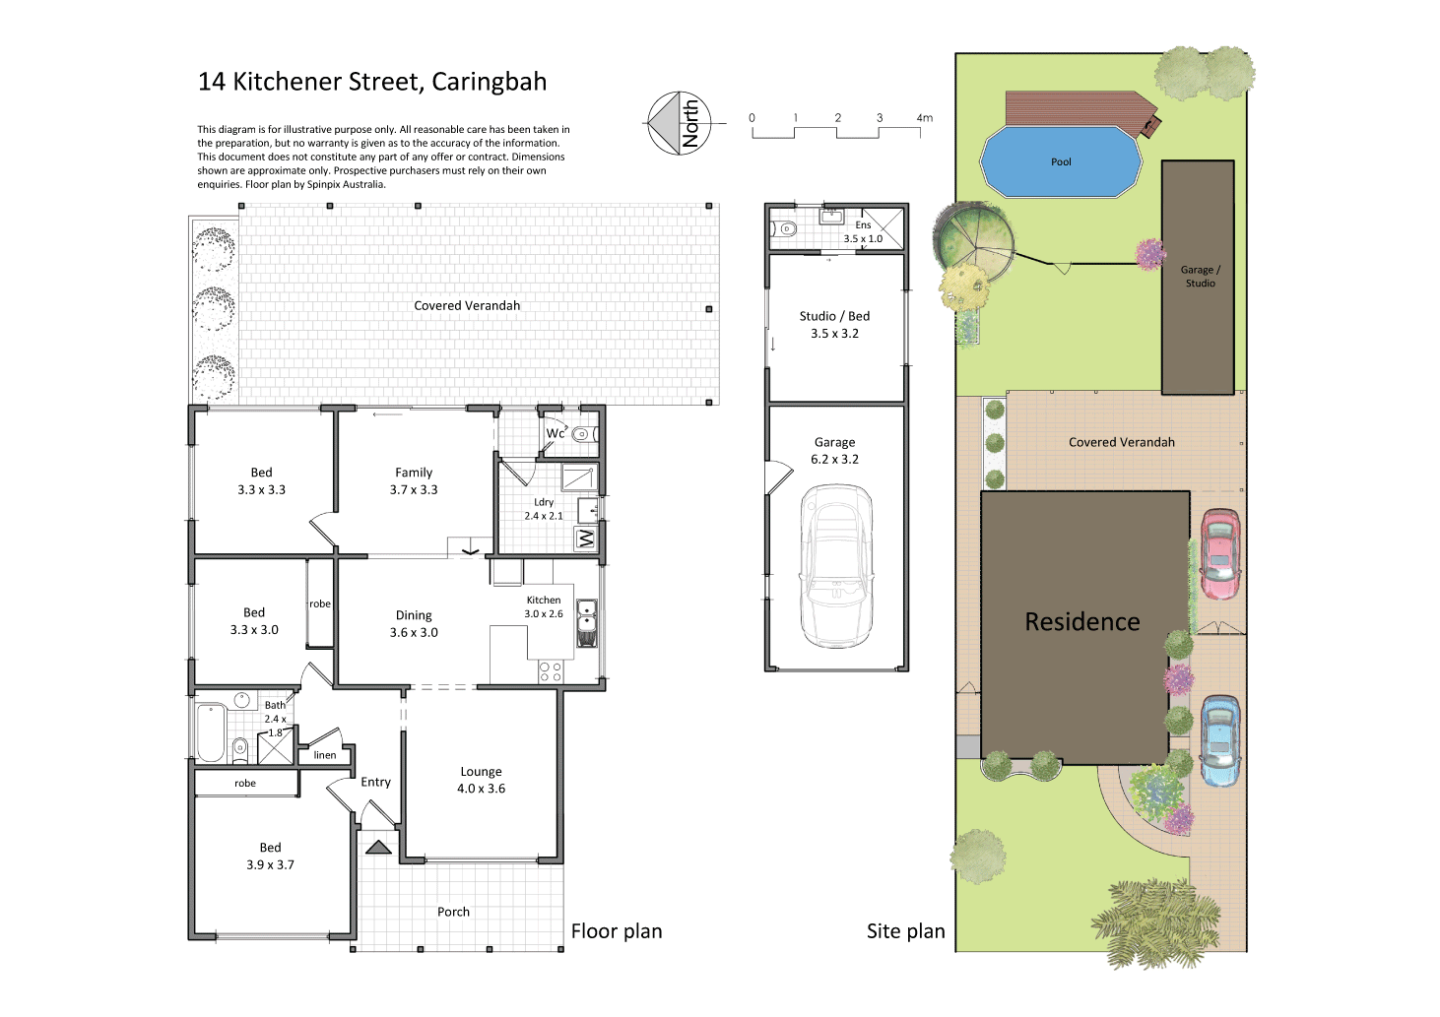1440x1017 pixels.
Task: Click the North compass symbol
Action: (x=679, y=123)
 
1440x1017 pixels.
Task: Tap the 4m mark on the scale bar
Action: (x=923, y=118)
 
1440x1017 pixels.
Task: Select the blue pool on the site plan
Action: (x=1061, y=162)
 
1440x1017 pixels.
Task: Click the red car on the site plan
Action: (x=1219, y=554)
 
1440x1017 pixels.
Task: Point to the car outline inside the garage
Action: (x=836, y=565)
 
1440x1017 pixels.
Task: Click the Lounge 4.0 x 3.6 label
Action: (x=481, y=780)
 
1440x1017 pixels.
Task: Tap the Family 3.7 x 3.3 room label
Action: (x=414, y=480)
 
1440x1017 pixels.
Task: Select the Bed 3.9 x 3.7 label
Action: (x=270, y=856)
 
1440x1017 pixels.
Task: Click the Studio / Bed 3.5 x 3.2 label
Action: (x=834, y=325)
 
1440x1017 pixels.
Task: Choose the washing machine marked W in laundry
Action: (x=586, y=539)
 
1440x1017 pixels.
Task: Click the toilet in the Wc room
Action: (x=581, y=434)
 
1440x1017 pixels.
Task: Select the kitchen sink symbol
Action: (x=587, y=621)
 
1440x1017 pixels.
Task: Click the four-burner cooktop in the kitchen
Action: (x=550, y=671)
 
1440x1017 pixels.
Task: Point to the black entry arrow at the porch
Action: (x=378, y=847)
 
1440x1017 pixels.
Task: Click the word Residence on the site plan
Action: (x=1082, y=622)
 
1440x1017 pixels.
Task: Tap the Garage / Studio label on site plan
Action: (x=1200, y=277)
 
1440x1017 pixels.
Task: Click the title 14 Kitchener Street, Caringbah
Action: (x=372, y=82)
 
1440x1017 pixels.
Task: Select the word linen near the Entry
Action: (x=325, y=755)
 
